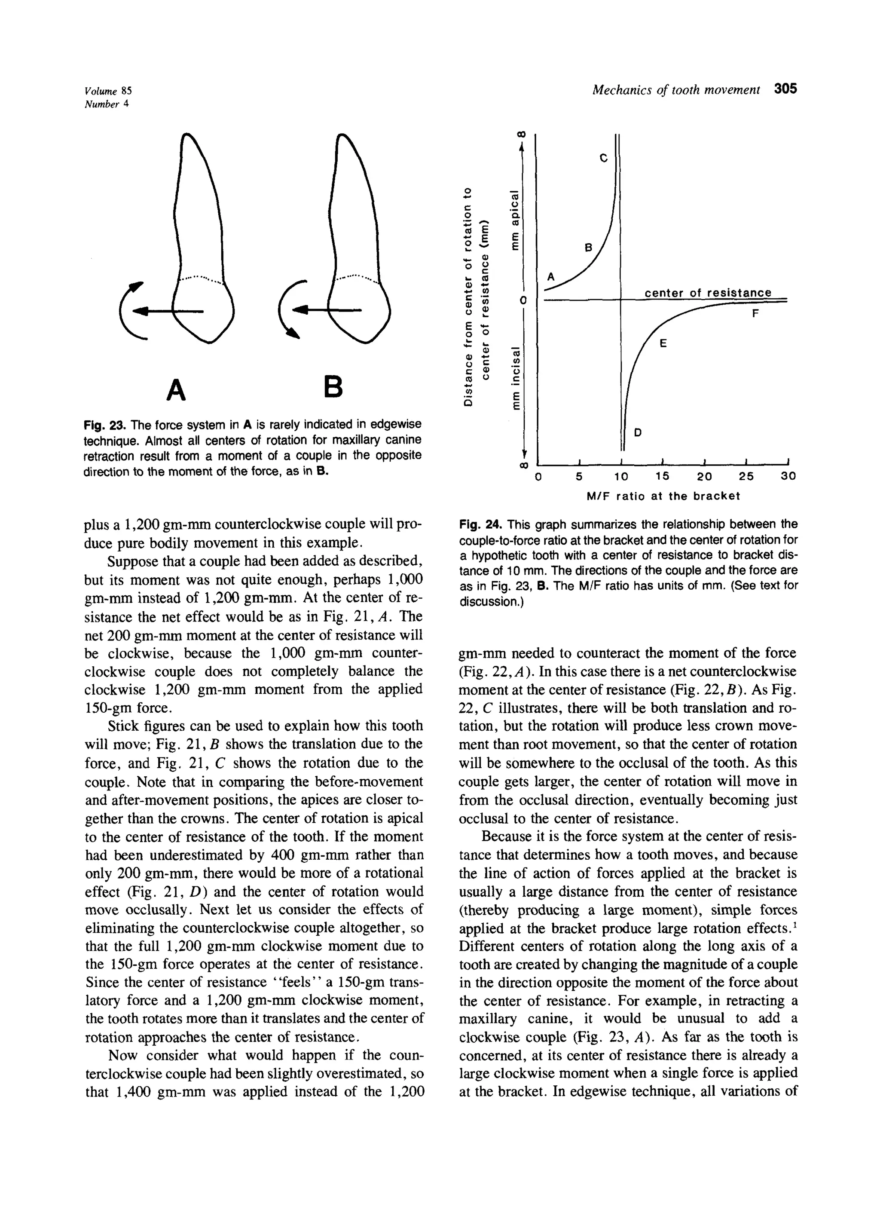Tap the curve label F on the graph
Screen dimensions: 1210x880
point(755,314)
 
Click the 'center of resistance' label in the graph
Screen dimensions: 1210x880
point(708,292)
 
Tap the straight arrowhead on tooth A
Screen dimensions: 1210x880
point(141,310)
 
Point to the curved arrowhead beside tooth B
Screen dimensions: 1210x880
point(292,334)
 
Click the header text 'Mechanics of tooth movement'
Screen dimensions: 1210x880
point(676,90)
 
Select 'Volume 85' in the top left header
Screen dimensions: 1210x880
point(108,90)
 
